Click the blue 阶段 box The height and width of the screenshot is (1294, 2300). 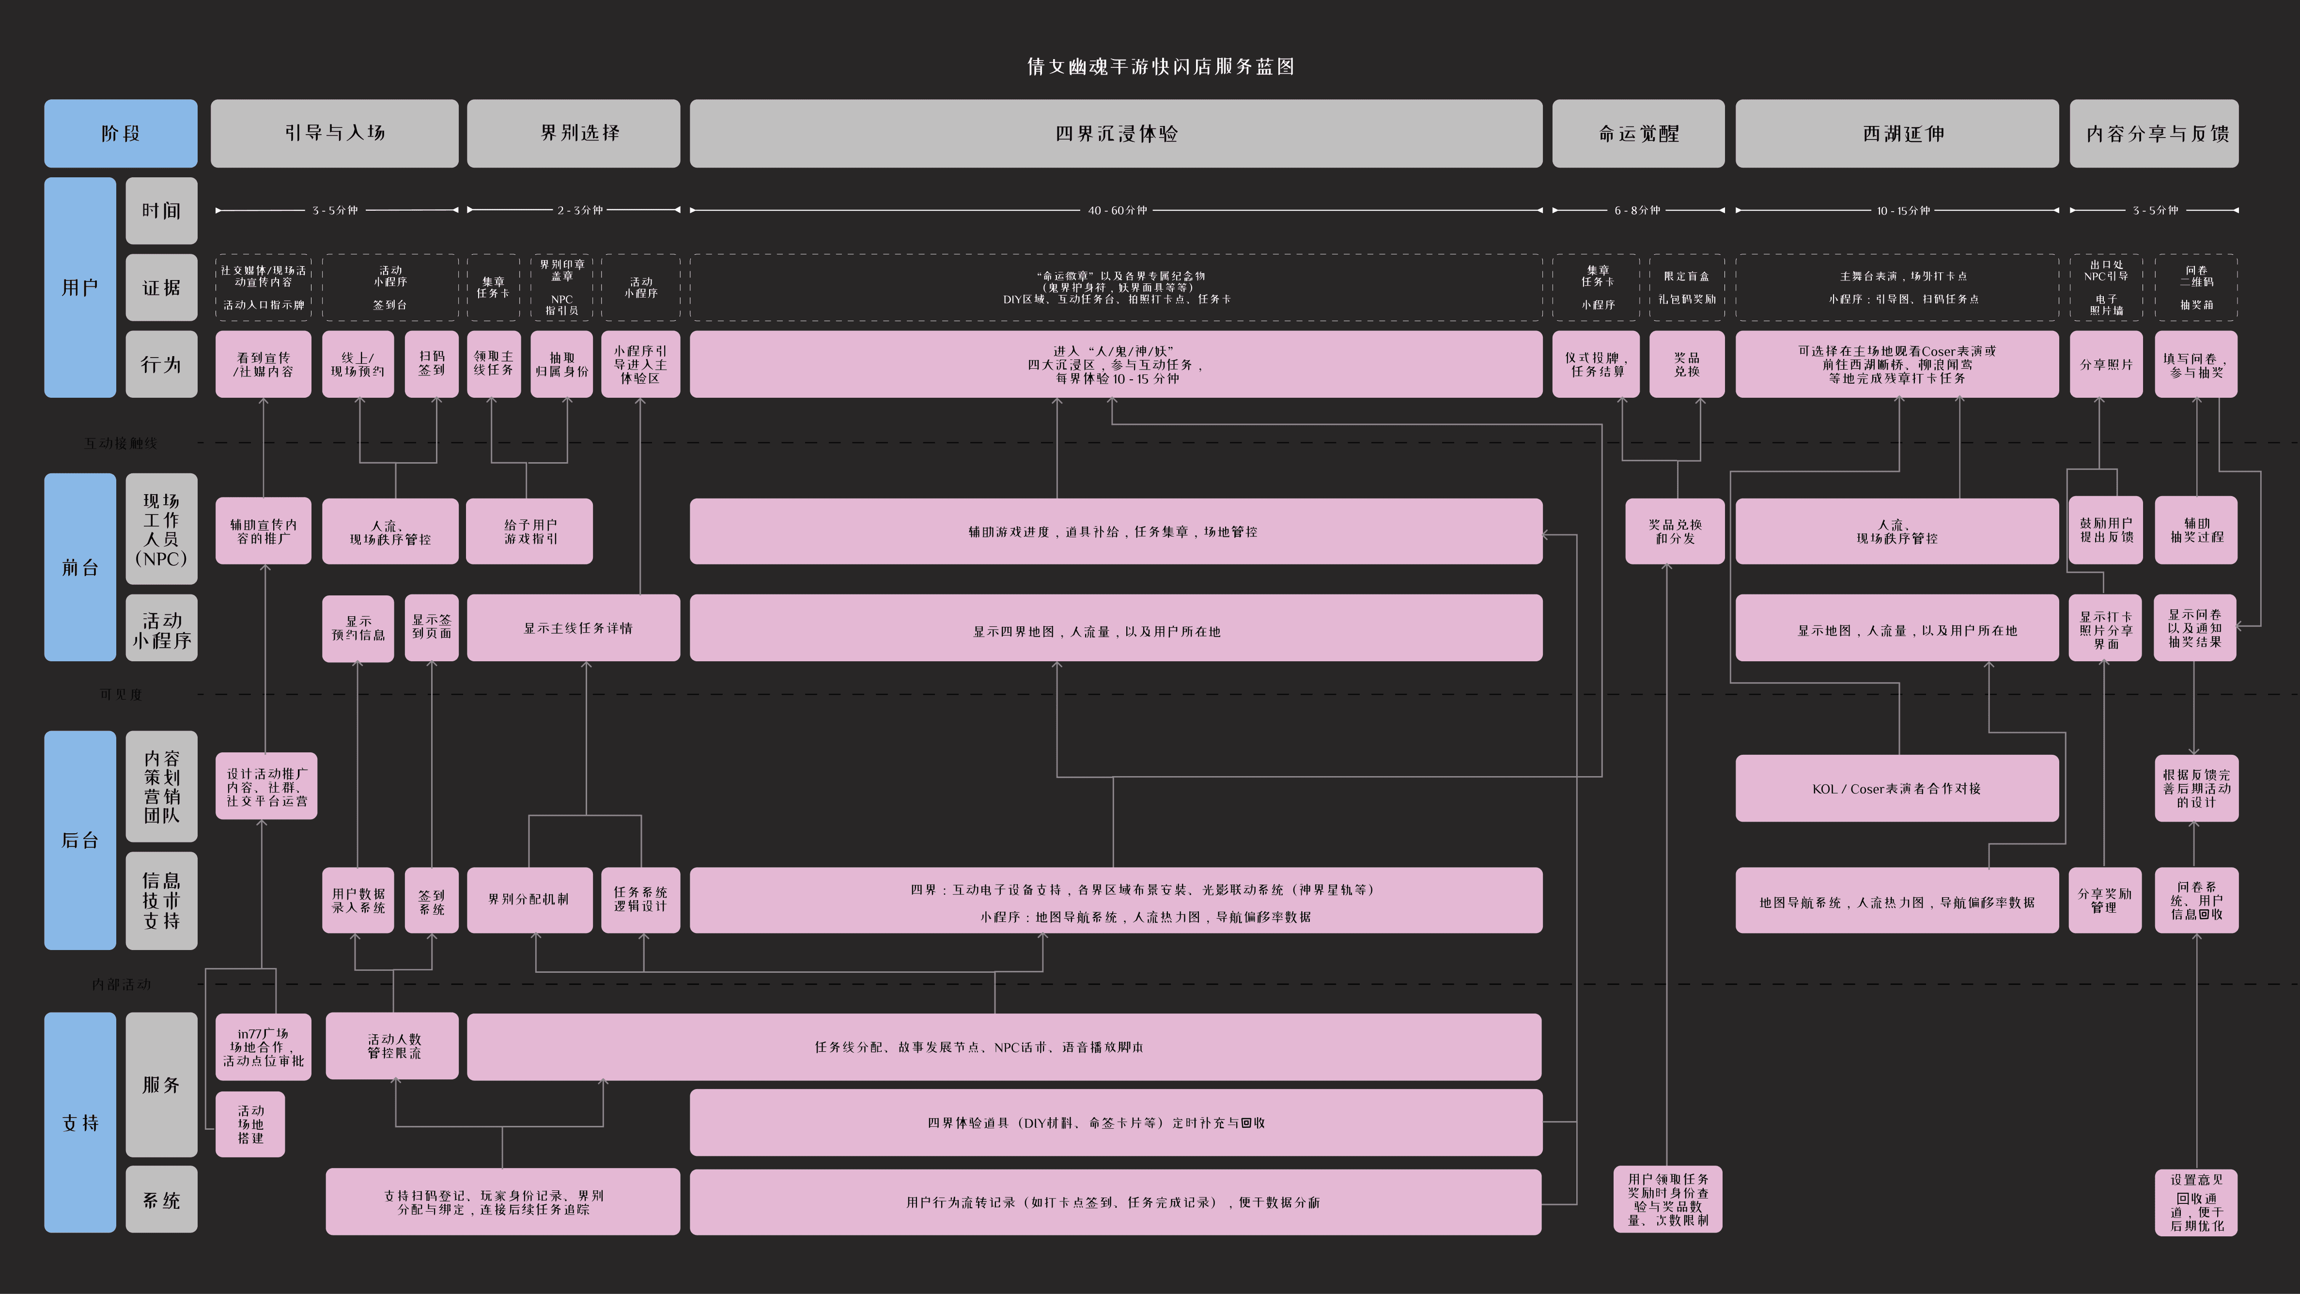[121, 133]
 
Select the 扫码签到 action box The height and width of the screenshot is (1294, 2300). [431, 363]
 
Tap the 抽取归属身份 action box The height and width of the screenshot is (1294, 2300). [561, 363]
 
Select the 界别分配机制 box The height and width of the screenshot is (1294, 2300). [528, 899]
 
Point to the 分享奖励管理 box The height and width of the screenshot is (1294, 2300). [2104, 900]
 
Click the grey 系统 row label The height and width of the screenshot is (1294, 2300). [162, 1200]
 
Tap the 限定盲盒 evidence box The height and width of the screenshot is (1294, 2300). [1687, 288]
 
